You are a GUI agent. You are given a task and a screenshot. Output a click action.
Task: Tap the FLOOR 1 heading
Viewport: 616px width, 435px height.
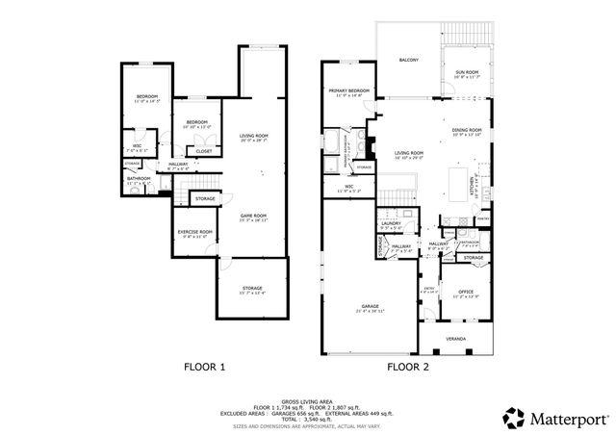coord(205,367)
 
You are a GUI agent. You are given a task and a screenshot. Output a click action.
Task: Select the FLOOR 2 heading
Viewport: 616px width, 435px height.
coord(407,367)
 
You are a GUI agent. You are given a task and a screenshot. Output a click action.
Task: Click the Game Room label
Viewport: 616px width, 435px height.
coord(253,216)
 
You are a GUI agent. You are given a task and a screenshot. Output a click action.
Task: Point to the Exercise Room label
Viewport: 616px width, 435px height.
coord(195,232)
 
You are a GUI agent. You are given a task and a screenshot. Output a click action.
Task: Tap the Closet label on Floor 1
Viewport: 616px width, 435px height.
coord(204,151)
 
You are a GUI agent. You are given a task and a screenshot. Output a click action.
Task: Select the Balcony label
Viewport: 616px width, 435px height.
coord(409,61)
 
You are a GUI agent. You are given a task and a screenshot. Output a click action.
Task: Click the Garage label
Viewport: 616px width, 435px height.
coord(371,308)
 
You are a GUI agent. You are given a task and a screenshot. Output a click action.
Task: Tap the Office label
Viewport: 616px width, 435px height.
coord(466,292)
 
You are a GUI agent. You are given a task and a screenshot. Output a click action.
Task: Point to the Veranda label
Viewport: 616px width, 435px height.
coord(454,339)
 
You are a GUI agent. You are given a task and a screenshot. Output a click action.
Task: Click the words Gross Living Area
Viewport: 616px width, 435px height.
coord(308,399)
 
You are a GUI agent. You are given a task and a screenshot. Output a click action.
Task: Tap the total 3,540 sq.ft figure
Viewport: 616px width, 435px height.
coord(322,421)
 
